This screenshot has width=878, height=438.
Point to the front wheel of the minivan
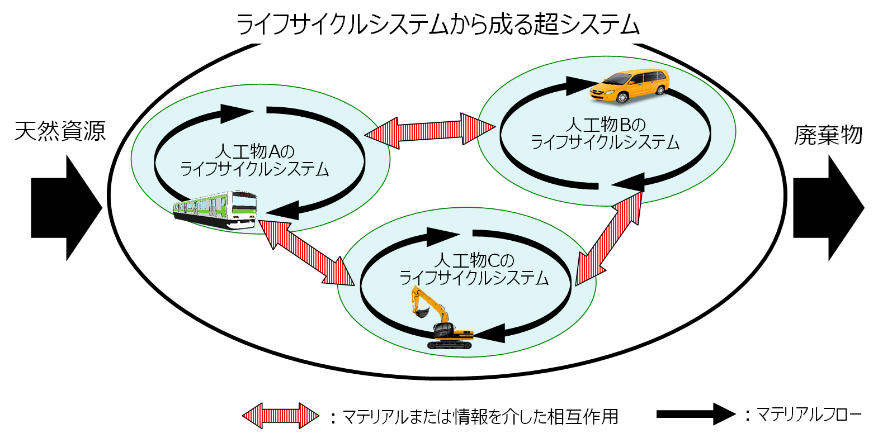click(622, 97)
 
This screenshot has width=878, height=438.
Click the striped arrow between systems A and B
click(429, 131)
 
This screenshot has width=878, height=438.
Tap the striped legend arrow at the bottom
click(281, 416)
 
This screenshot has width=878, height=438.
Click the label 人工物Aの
click(254, 151)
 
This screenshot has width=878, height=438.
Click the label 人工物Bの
click(605, 125)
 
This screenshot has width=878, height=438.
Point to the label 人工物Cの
click(474, 260)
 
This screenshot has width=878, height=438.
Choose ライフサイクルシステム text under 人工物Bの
click(605, 142)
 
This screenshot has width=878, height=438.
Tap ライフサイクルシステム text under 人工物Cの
click(474, 278)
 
